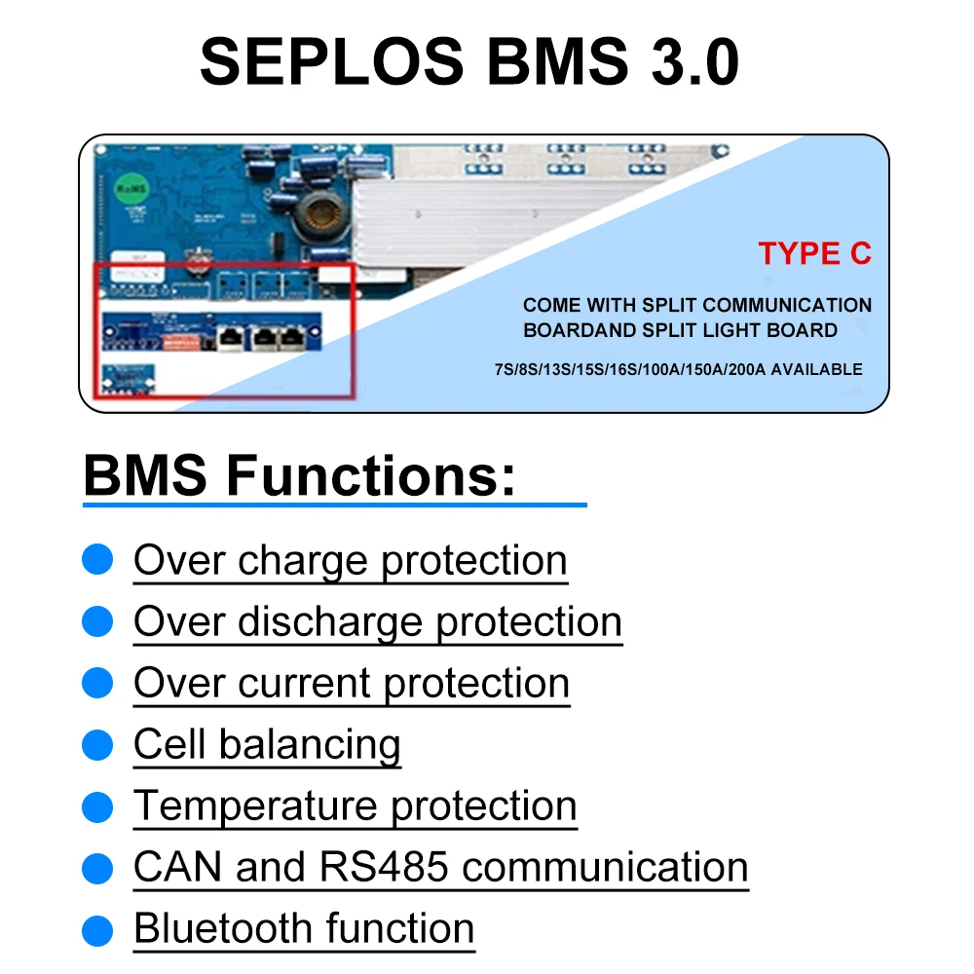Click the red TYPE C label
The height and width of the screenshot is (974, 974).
point(814,253)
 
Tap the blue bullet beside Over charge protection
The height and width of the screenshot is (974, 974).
point(97,560)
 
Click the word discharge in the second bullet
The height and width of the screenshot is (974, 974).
point(331,621)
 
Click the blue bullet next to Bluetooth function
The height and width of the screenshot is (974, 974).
point(97,928)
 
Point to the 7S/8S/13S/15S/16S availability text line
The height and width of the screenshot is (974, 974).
point(678,370)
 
